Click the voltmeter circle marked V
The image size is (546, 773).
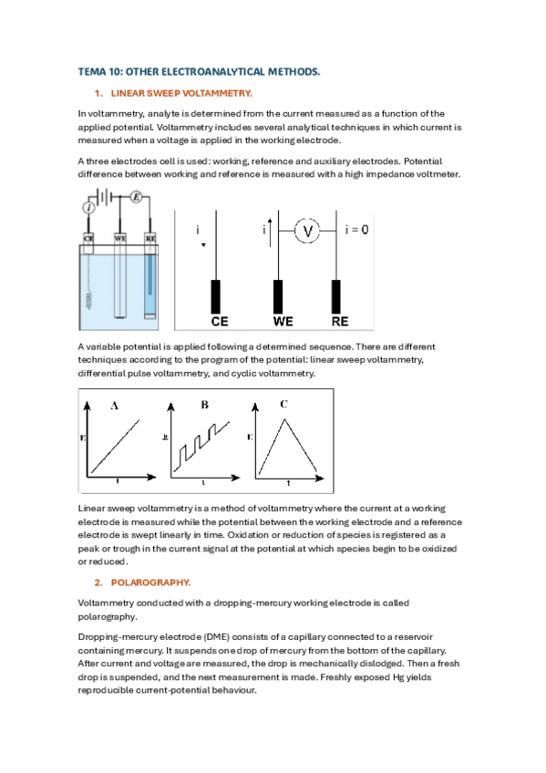coord(307,231)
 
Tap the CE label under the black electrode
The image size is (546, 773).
coord(220,322)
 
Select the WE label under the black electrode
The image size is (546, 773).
coord(283,322)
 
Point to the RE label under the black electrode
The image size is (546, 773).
coord(339,322)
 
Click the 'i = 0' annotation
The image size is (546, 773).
coord(356,230)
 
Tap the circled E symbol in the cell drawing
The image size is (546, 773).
coord(137,197)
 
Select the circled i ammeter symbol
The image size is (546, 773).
coord(88,208)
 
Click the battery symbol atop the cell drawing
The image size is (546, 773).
coord(104,197)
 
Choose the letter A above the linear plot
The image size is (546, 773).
coord(114,406)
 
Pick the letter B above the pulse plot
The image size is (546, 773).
coord(204,405)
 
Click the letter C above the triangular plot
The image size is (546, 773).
coord(283,404)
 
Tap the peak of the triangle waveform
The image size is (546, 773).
coord(284,419)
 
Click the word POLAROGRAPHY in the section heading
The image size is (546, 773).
coord(150,582)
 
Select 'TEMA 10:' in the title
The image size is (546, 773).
coord(99,72)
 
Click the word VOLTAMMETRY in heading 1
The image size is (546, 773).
coord(217,93)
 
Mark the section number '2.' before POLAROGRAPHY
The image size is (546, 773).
coord(98,582)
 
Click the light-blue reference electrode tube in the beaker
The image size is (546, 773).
coord(149,282)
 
